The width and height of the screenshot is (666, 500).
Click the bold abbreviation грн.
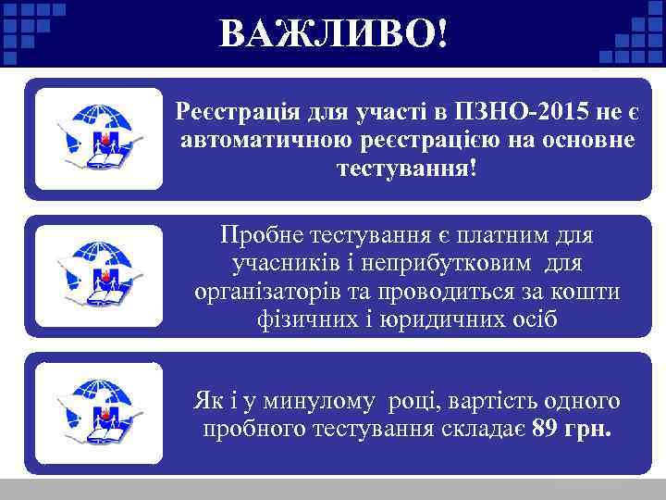591,430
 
